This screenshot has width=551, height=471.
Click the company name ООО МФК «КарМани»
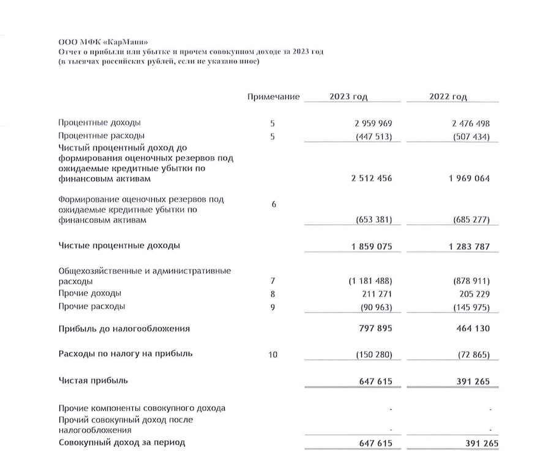[98, 41]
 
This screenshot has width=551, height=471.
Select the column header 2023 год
[348, 97]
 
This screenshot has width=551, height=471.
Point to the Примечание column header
[274, 97]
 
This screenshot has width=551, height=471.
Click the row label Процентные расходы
[102, 135]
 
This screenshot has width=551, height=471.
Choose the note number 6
[274, 205]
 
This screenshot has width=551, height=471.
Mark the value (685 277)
[470, 220]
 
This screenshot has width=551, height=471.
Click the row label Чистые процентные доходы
[119, 246]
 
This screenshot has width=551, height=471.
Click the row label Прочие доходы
[89, 293]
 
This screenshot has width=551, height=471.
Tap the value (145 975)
[470, 307]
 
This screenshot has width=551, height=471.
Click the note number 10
[274, 354]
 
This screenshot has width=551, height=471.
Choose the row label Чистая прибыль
[93, 380]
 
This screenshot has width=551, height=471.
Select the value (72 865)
[472, 355]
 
